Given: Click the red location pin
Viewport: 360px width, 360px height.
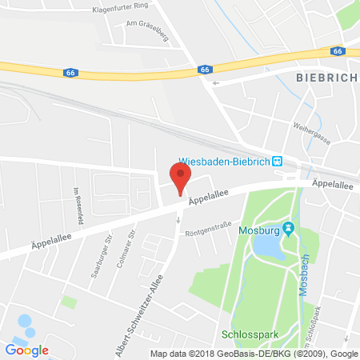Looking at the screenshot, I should point(181,173).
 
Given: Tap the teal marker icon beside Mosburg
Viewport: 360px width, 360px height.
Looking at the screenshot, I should point(290,230).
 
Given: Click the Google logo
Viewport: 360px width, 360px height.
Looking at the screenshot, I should point(26,350).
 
